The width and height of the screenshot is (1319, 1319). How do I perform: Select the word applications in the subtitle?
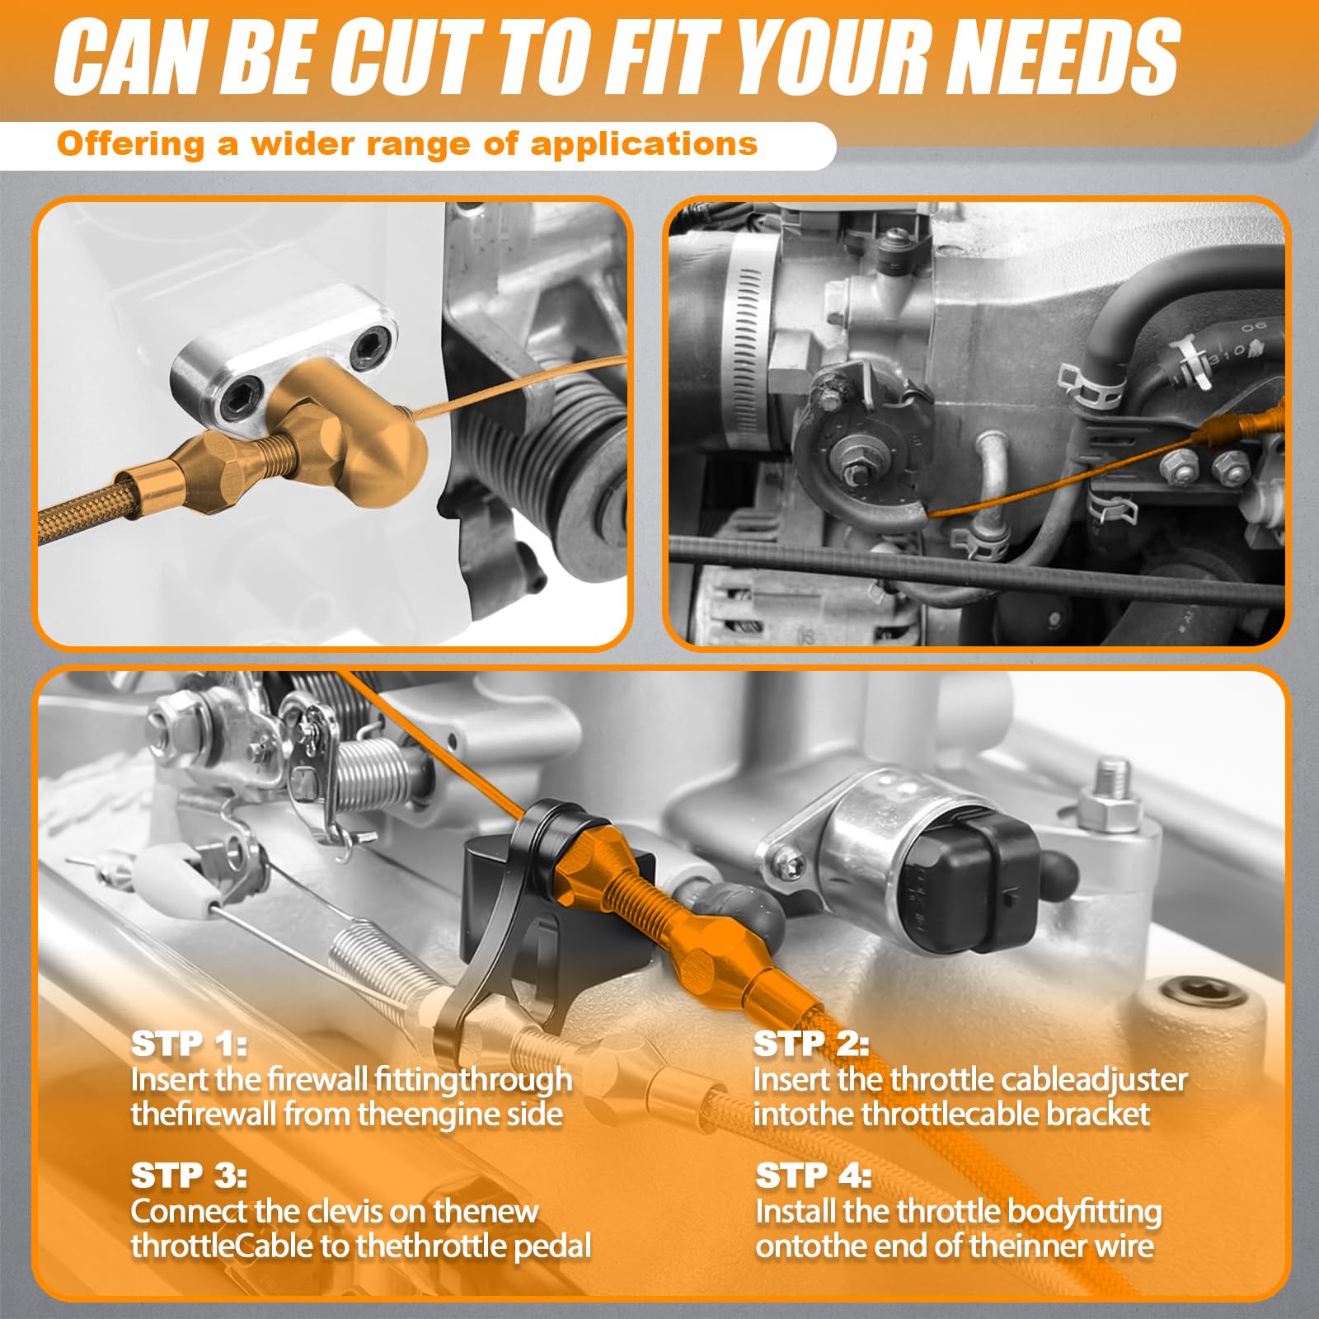[644, 145]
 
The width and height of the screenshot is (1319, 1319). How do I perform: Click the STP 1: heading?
[189, 1044]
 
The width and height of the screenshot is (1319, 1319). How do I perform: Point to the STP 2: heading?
[811, 1044]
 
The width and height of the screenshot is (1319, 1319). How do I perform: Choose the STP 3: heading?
[189, 1176]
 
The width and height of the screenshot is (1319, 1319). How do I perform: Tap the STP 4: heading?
[813, 1176]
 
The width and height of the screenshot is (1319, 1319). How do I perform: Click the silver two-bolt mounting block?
[280, 354]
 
